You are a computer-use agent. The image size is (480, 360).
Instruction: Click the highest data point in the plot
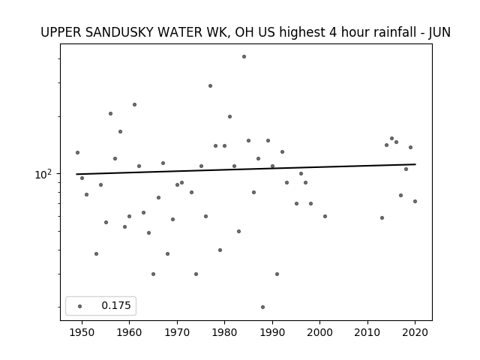244,57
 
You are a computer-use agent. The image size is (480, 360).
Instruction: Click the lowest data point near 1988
262,307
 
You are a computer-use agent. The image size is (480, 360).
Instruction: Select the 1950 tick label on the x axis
82,332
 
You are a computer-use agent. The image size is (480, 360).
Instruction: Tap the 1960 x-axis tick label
129,332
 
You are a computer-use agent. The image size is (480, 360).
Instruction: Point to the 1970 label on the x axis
177,332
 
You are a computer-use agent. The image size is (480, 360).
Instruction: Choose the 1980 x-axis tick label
224,332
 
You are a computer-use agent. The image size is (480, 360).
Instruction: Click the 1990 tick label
272,332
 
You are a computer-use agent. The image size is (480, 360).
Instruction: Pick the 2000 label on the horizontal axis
319,332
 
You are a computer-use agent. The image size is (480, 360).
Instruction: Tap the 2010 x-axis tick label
367,332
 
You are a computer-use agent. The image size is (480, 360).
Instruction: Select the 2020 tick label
415,332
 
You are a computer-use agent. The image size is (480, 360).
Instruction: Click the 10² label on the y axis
43,175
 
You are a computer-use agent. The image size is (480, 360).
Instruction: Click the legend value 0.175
116,305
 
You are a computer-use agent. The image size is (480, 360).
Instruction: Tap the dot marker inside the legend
80,306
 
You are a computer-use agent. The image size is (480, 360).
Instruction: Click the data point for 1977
210,86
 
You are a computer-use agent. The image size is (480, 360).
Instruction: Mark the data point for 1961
134,105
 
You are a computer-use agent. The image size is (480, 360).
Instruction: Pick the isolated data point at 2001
325,217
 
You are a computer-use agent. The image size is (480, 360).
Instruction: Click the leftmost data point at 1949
77,153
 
